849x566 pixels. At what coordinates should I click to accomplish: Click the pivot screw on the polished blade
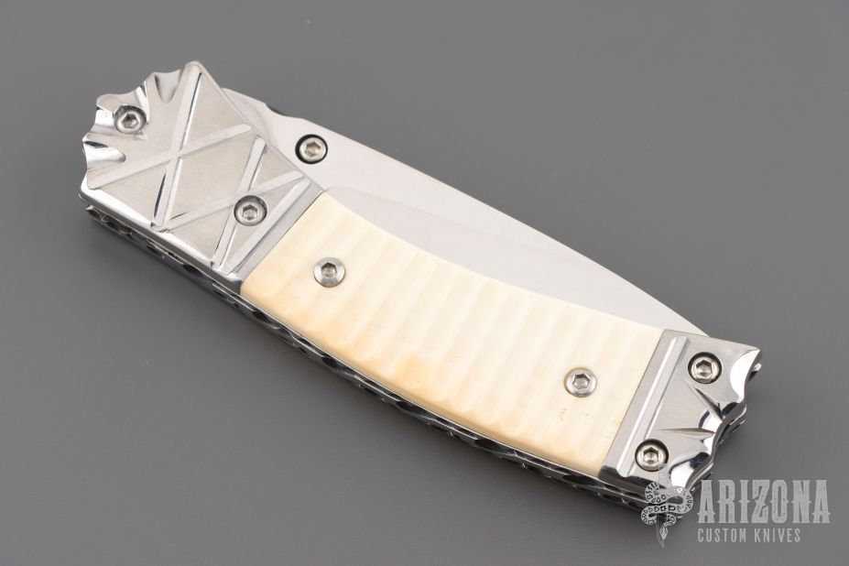tap(311, 148)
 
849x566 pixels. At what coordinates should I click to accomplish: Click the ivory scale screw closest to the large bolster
tap(329, 270)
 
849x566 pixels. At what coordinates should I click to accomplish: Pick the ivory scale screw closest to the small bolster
tap(578, 383)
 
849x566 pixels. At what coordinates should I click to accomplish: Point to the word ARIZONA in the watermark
tap(764, 501)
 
